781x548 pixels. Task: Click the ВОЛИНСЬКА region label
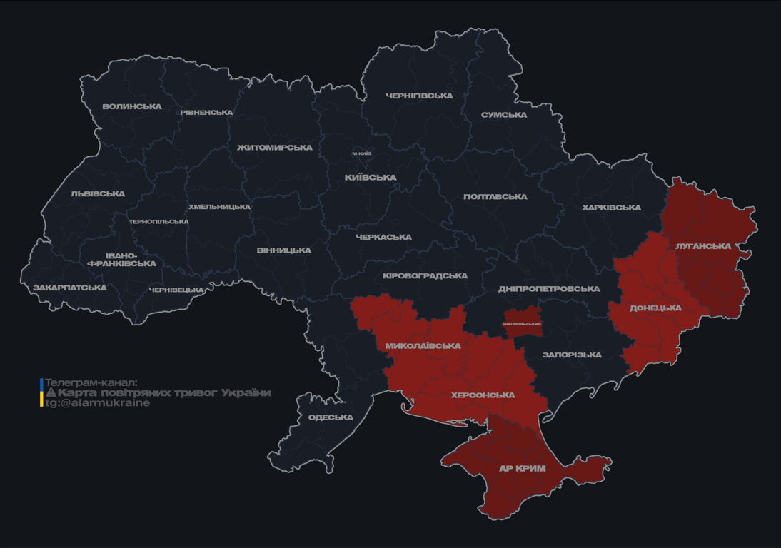(132, 107)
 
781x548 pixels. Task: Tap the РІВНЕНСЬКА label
(206, 113)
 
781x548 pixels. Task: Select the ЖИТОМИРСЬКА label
(275, 148)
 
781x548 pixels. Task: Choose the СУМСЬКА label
(504, 115)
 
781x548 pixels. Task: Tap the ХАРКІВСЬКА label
(611, 208)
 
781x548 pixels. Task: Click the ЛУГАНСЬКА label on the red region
(703, 246)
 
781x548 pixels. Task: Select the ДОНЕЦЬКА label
(655, 308)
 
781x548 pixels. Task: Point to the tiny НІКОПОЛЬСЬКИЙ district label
(523, 324)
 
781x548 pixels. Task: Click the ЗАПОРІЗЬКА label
(572, 355)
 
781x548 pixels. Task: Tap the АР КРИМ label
(522, 469)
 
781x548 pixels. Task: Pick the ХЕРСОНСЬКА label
(483, 395)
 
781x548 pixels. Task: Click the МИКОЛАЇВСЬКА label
(423, 346)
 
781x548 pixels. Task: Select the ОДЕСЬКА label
(331, 417)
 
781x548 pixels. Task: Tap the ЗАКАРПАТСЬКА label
(70, 288)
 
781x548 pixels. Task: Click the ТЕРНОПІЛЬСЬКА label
(158, 222)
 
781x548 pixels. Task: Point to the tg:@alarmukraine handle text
(98, 403)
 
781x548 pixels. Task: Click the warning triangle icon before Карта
(51, 393)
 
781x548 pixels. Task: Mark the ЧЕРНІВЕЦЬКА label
(177, 290)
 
